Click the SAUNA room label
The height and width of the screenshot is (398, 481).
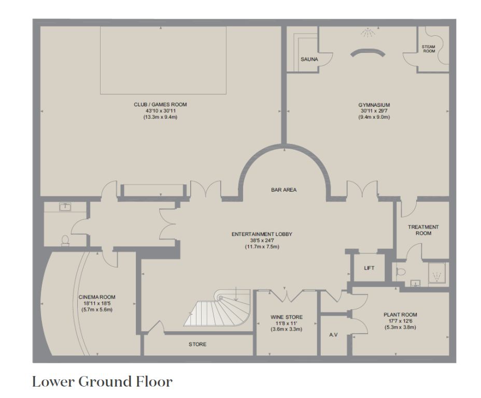tap(309, 59)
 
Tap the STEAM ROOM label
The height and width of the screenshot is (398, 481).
tap(429, 49)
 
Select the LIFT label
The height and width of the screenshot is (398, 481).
tap(369, 268)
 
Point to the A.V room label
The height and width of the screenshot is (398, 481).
tap(333, 335)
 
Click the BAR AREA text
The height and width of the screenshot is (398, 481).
tap(284, 190)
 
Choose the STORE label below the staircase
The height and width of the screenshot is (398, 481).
tap(197, 344)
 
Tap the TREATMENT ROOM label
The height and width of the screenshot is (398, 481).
tap(423, 230)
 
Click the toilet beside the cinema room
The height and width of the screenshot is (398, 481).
tap(65, 240)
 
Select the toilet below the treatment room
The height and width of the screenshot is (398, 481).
tap(401, 272)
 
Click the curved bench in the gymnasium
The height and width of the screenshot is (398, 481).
tap(367, 53)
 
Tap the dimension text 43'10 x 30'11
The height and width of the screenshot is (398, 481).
tap(161, 111)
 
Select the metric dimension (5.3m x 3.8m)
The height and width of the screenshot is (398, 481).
tap(400, 328)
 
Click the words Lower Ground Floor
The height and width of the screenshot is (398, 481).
tap(102, 382)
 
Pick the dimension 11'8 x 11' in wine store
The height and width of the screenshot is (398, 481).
tap(286, 323)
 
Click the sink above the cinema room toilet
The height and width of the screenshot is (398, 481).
tap(65, 207)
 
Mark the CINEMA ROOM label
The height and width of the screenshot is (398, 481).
tap(97, 297)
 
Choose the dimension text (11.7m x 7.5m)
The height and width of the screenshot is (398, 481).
tap(262, 247)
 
